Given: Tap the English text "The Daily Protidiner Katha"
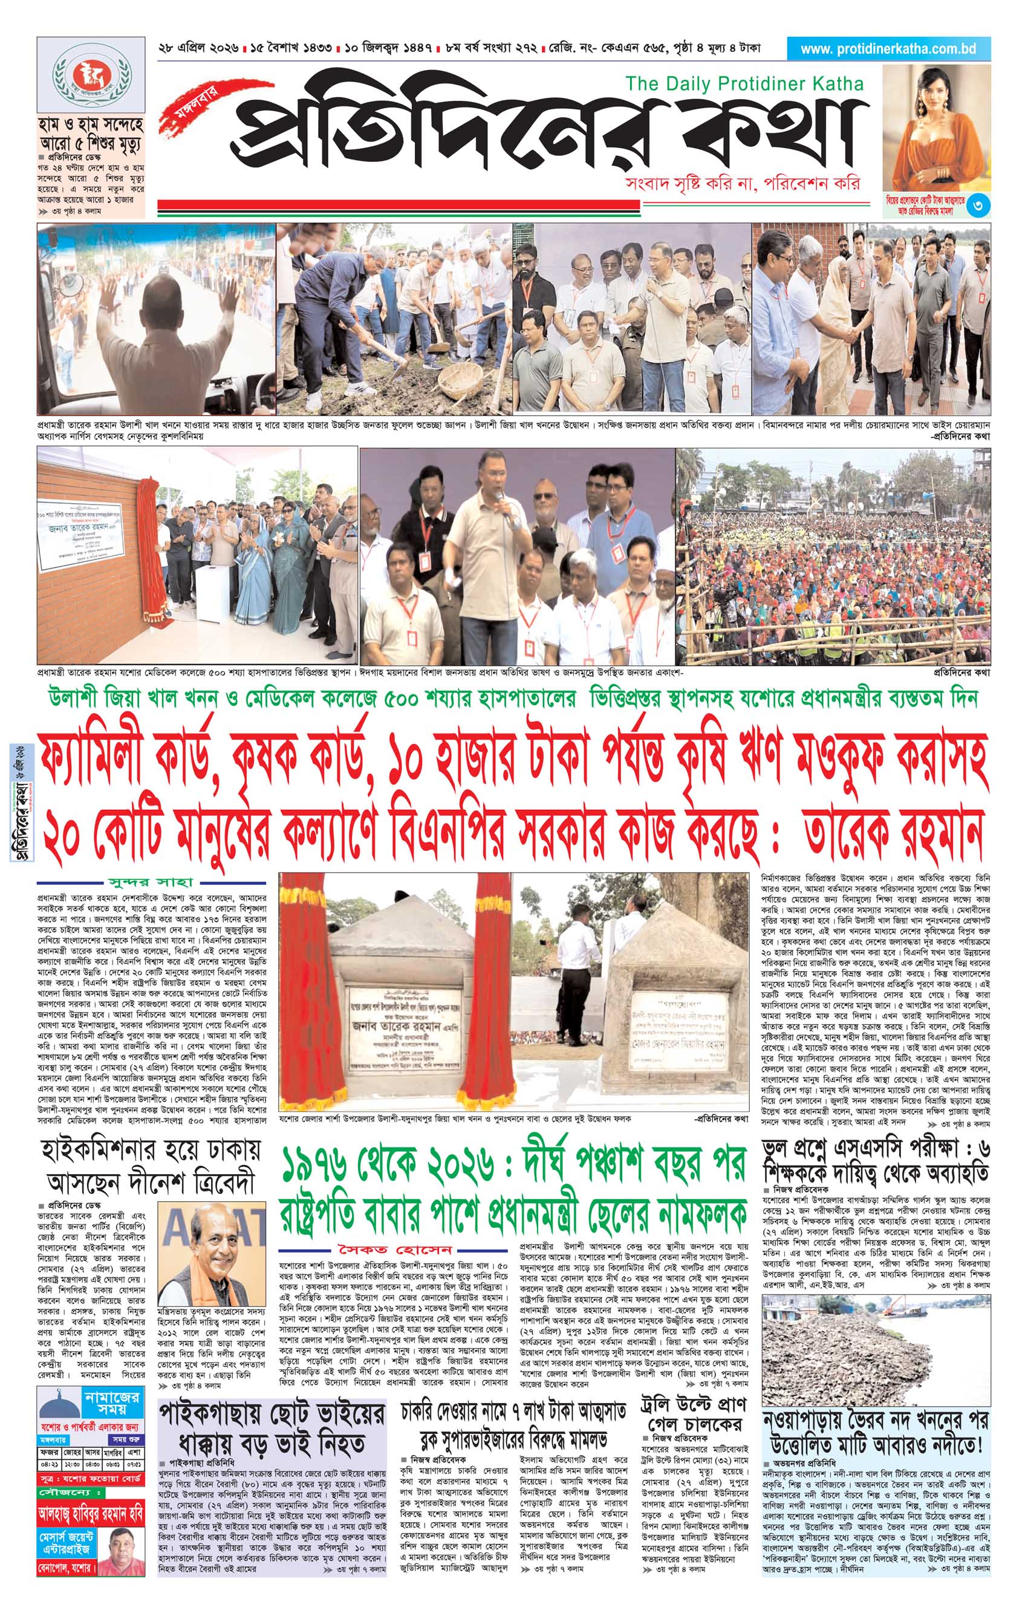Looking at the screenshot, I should pos(743,84).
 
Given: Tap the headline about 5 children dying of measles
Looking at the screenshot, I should pos(91,135).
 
